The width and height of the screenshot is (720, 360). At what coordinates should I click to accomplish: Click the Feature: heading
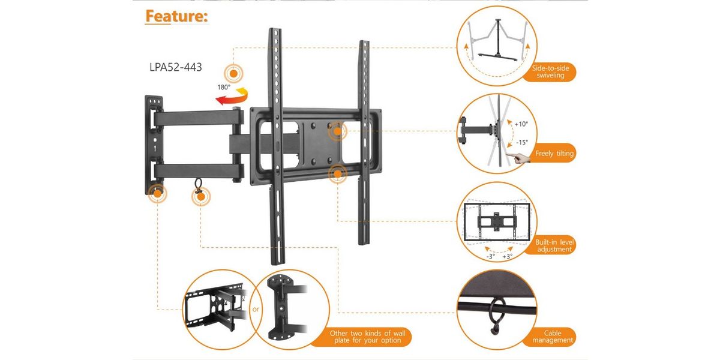pos(176,16)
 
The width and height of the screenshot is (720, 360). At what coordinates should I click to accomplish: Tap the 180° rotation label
pos(224,87)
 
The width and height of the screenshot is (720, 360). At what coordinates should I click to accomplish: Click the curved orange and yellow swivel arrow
pos(233,97)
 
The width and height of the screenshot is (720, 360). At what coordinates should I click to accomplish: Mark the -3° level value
pos(490,256)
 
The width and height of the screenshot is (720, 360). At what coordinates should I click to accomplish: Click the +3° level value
pos(507,256)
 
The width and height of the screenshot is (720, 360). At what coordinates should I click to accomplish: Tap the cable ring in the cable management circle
pos(496,314)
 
